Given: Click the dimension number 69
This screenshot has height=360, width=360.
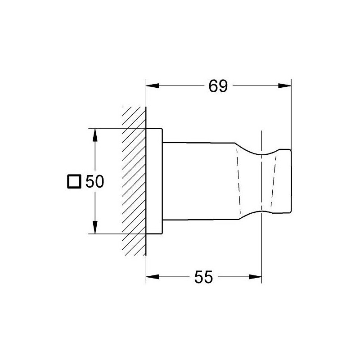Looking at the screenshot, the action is click(x=218, y=86).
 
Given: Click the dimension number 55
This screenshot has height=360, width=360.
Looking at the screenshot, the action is click(x=204, y=277).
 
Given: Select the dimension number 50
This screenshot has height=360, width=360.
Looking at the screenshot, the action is click(x=94, y=181).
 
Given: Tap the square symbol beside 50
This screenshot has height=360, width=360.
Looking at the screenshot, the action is click(x=74, y=182).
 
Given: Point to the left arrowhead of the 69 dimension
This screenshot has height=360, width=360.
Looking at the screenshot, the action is click(x=153, y=85).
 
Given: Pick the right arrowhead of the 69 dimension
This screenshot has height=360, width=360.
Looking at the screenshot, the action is click(x=285, y=85).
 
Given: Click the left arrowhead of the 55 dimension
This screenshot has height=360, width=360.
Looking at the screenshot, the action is click(x=153, y=277).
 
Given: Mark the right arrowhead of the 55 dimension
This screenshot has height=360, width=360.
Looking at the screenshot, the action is click(x=255, y=277).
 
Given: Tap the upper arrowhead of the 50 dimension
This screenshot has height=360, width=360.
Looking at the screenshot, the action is click(x=95, y=135).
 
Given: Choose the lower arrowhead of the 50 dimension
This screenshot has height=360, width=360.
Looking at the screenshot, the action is click(x=95, y=227).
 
